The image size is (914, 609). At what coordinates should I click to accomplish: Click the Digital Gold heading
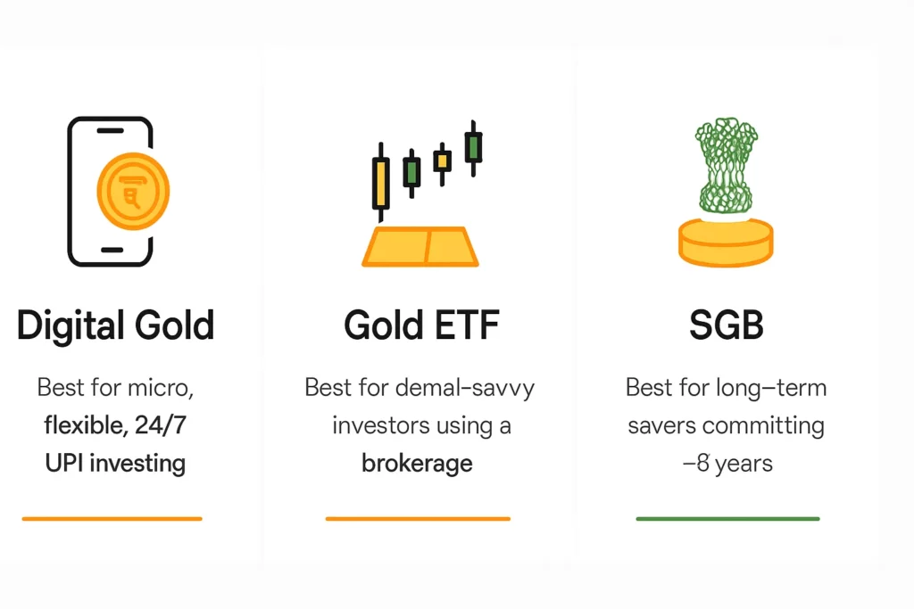(115, 325)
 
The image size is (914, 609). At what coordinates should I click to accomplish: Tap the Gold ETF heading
(421, 325)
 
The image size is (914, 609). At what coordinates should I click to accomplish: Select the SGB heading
(727, 325)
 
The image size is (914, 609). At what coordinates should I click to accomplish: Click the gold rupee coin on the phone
(132, 190)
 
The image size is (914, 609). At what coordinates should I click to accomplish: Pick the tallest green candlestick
(473, 147)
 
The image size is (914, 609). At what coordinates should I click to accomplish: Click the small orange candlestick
(442, 161)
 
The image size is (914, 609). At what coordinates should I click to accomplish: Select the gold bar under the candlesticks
(420, 246)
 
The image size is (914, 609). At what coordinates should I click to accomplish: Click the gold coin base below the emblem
(726, 241)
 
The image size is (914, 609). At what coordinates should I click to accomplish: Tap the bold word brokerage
(417, 464)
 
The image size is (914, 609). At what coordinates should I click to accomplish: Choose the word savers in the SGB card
(661, 425)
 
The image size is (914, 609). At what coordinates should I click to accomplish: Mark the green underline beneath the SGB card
(727, 518)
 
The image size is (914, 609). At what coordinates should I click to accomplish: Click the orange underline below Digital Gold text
(112, 518)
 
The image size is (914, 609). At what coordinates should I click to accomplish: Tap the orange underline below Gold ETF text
(418, 518)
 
